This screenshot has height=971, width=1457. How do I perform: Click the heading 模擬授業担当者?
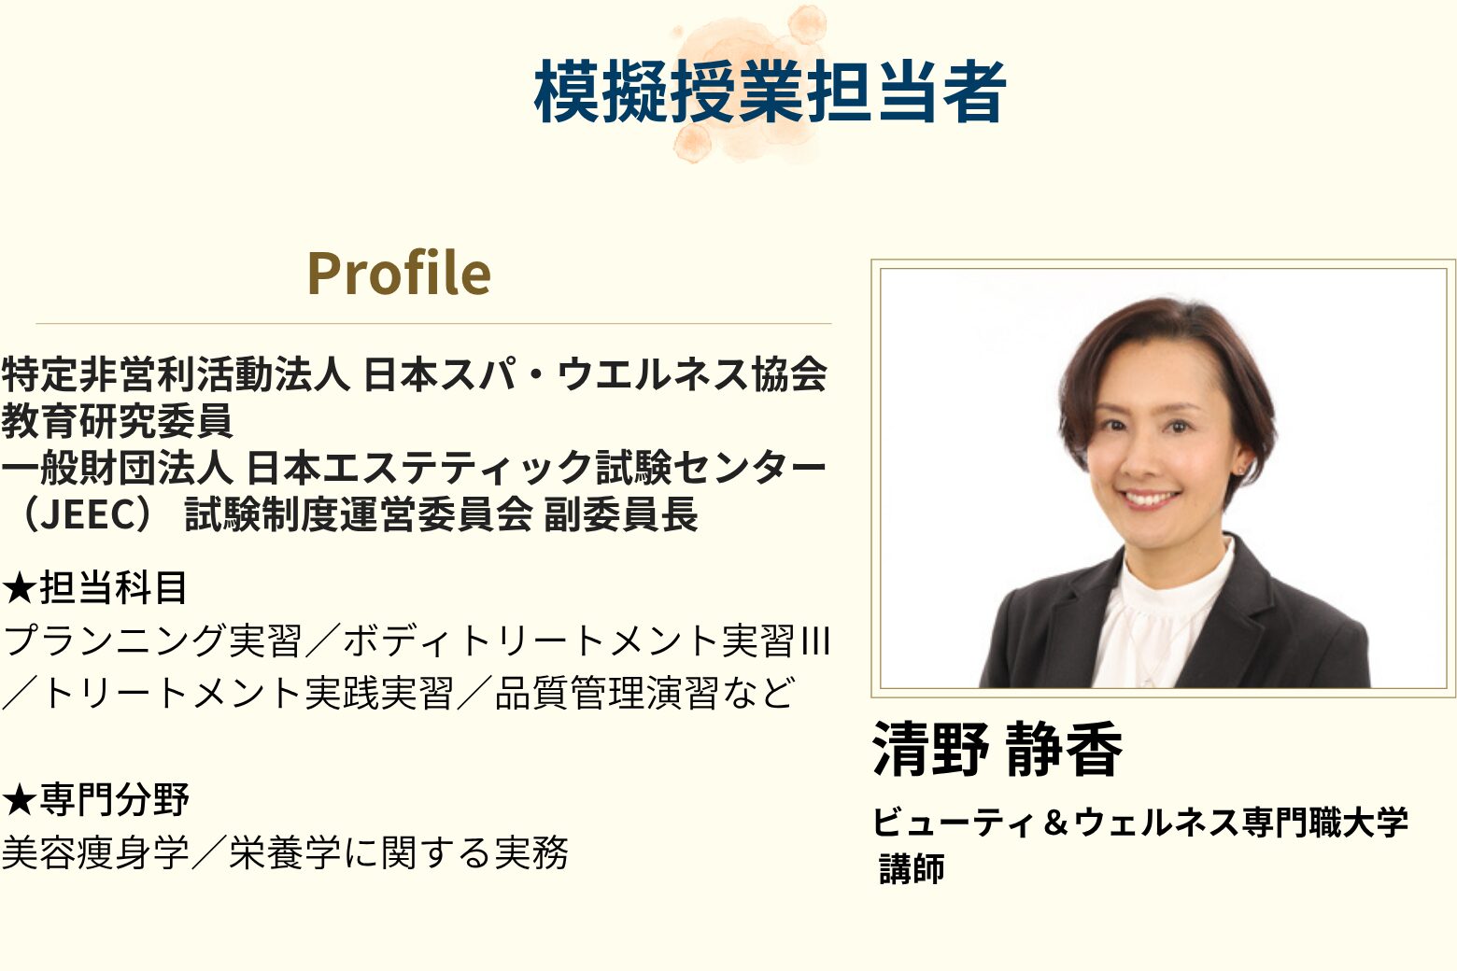pyautogui.click(x=770, y=91)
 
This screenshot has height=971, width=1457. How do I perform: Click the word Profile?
pyautogui.click(x=399, y=274)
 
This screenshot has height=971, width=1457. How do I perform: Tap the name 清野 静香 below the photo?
pyautogui.click(x=997, y=749)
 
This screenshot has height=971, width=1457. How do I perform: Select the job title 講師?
pyautogui.click(x=912, y=868)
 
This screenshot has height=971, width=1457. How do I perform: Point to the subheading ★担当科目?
pyautogui.click(x=95, y=588)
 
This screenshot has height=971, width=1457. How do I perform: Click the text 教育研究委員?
pyautogui.click(x=117, y=421)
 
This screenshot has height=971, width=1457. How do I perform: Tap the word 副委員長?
pyautogui.click(x=621, y=514)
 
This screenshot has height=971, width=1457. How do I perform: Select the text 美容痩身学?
pyautogui.click(x=95, y=852)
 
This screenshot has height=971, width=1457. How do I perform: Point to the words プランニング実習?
pyautogui.click(x=152, y=640)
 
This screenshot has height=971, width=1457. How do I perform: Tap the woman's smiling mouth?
pyautogui.click(x=1152, y=500)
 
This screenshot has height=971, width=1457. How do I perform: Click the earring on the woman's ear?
pyautogui.click(x=1241, y=469)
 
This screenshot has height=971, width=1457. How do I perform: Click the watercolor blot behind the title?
pyautogui.click(x=748, y=85)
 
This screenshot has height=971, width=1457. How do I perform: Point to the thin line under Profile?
pyautogui.click(x=434, y=323)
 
